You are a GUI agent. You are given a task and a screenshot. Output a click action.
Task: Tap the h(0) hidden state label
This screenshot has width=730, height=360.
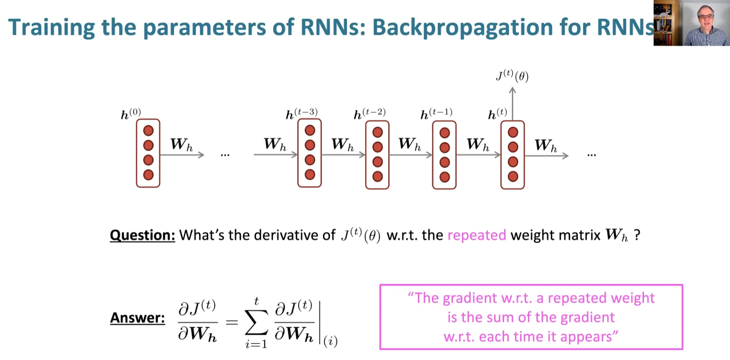[130, 114]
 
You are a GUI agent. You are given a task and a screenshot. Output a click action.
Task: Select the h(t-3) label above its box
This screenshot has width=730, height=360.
[301, 114]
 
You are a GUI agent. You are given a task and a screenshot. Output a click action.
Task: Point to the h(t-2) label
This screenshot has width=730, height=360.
[369, 114]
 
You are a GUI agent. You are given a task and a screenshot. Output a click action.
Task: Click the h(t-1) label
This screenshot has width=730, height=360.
[436, 114]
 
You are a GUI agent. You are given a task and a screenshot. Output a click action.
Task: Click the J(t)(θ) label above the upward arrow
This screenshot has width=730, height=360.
[512, 76]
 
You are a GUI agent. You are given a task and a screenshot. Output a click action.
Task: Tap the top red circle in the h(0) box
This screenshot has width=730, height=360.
[148, 130]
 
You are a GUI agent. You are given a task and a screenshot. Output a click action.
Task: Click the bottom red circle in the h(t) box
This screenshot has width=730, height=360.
[513, 177]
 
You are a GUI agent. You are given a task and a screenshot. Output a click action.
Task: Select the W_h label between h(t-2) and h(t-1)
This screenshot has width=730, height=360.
[409, 144]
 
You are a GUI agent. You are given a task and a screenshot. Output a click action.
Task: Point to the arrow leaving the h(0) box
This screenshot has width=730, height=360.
[182, 155]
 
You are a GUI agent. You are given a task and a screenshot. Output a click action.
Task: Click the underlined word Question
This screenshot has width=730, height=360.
[142, 235]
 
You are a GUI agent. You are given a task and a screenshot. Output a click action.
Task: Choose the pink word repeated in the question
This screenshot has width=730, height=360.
[477, 235]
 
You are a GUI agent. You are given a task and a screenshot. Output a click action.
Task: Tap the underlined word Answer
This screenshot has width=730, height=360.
[137, 318]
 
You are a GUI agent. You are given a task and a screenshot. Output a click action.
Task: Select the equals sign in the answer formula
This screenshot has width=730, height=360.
[231, 322]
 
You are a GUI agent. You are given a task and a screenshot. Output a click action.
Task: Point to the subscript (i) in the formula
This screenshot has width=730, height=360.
[330, 341]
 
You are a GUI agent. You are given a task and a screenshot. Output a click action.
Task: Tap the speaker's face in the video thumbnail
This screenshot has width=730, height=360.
[705, 19]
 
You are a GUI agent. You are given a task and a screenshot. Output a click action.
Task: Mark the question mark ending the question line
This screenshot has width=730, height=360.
[637, 235]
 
